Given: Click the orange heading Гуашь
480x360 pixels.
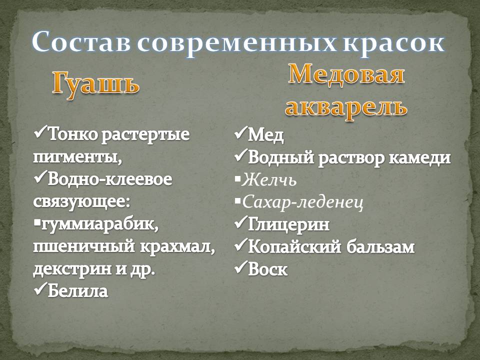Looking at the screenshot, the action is pyautogui.click(x=95, y=84).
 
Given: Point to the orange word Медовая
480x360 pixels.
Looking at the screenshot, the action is pyautogui.click(x=346, y=74).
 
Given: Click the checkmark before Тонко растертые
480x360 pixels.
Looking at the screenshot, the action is pyautogui.click(x=40, y=132).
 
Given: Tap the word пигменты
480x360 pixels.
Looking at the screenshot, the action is pyautogui.click(x=77, y=157).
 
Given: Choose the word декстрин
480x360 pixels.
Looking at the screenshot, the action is pyautogui.click(x=72, y=269).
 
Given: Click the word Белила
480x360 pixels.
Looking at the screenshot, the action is pyautogui.click(x=78, y=290).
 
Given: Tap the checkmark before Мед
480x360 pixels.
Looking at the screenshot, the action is pyautogui.click(x=240, y=133).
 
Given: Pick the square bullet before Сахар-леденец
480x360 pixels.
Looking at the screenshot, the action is pyautogui.click(x=238, y=201).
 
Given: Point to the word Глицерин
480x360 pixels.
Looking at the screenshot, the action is pyautogui.click(x=288, y=224).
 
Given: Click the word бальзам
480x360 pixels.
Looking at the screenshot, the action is pyautogui.click(x=380, y=246).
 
